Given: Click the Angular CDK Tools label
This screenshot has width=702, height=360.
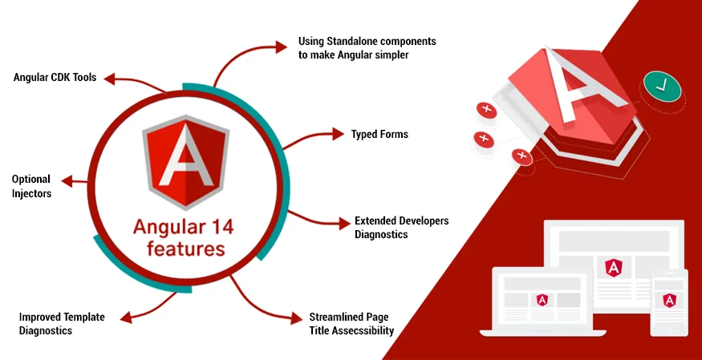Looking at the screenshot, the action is tap(55, 77).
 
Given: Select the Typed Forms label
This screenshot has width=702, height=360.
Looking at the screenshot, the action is tap(379, 134).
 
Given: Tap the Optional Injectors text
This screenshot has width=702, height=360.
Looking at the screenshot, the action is tap(31, 187).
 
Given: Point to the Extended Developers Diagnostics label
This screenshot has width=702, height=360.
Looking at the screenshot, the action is tap(402, 227).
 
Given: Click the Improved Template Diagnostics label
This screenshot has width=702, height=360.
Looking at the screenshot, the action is tap(62, 324).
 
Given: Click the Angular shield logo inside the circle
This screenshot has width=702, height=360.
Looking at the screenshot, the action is tap(186, 162).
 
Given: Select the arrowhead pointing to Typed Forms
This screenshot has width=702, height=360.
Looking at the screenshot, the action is tap(338, 133).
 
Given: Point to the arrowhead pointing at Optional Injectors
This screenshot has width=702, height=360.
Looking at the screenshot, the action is tap(67, 181).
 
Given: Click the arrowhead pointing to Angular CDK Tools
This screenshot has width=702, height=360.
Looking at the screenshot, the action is tap(110, 79).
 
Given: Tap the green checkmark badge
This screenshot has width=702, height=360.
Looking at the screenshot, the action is tap(662, 86).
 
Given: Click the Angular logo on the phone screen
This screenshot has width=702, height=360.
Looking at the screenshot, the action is tap(669, 300).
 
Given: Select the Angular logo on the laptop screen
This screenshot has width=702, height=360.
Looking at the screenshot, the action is tap(542, 300).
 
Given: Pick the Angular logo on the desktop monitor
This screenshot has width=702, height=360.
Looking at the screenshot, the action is tap(612, 268).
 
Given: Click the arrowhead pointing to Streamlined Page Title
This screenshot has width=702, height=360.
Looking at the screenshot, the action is tap(296, 318).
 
